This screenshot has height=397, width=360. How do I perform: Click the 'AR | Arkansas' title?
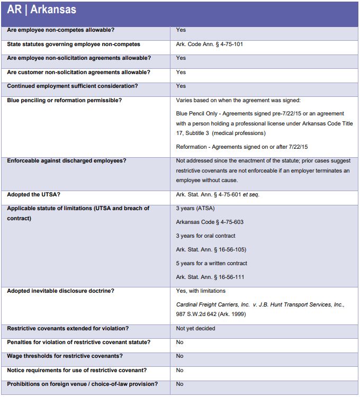tap(42, 10)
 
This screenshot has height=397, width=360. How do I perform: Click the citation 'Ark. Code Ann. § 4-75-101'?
tap(209, 44)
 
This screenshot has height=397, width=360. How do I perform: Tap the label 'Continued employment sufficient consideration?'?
tap(72, 86)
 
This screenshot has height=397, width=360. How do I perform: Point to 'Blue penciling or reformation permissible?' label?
tap(64, 100)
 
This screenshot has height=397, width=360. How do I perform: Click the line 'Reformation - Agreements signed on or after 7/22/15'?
tap(241, 147)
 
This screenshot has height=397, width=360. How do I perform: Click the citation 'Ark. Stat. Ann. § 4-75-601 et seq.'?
tap(218, 195)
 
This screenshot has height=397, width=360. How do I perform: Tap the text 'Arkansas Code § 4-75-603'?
tap(210, 222)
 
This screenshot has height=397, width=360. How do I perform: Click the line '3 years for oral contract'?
tap(205, 236)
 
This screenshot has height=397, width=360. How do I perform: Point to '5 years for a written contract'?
tap(211, 264)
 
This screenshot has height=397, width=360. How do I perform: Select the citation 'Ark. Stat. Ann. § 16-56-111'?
tap(210, 277)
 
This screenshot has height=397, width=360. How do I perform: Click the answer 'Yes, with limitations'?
tap(201, 291)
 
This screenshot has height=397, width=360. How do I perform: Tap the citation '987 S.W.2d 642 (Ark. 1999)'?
tap(211, 315)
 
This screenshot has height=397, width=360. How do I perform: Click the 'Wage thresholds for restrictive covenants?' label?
tap(65, 356)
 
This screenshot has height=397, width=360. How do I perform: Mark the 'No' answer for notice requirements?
tap(179, 371)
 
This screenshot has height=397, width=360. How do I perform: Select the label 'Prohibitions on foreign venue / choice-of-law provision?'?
tap(82, 384)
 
